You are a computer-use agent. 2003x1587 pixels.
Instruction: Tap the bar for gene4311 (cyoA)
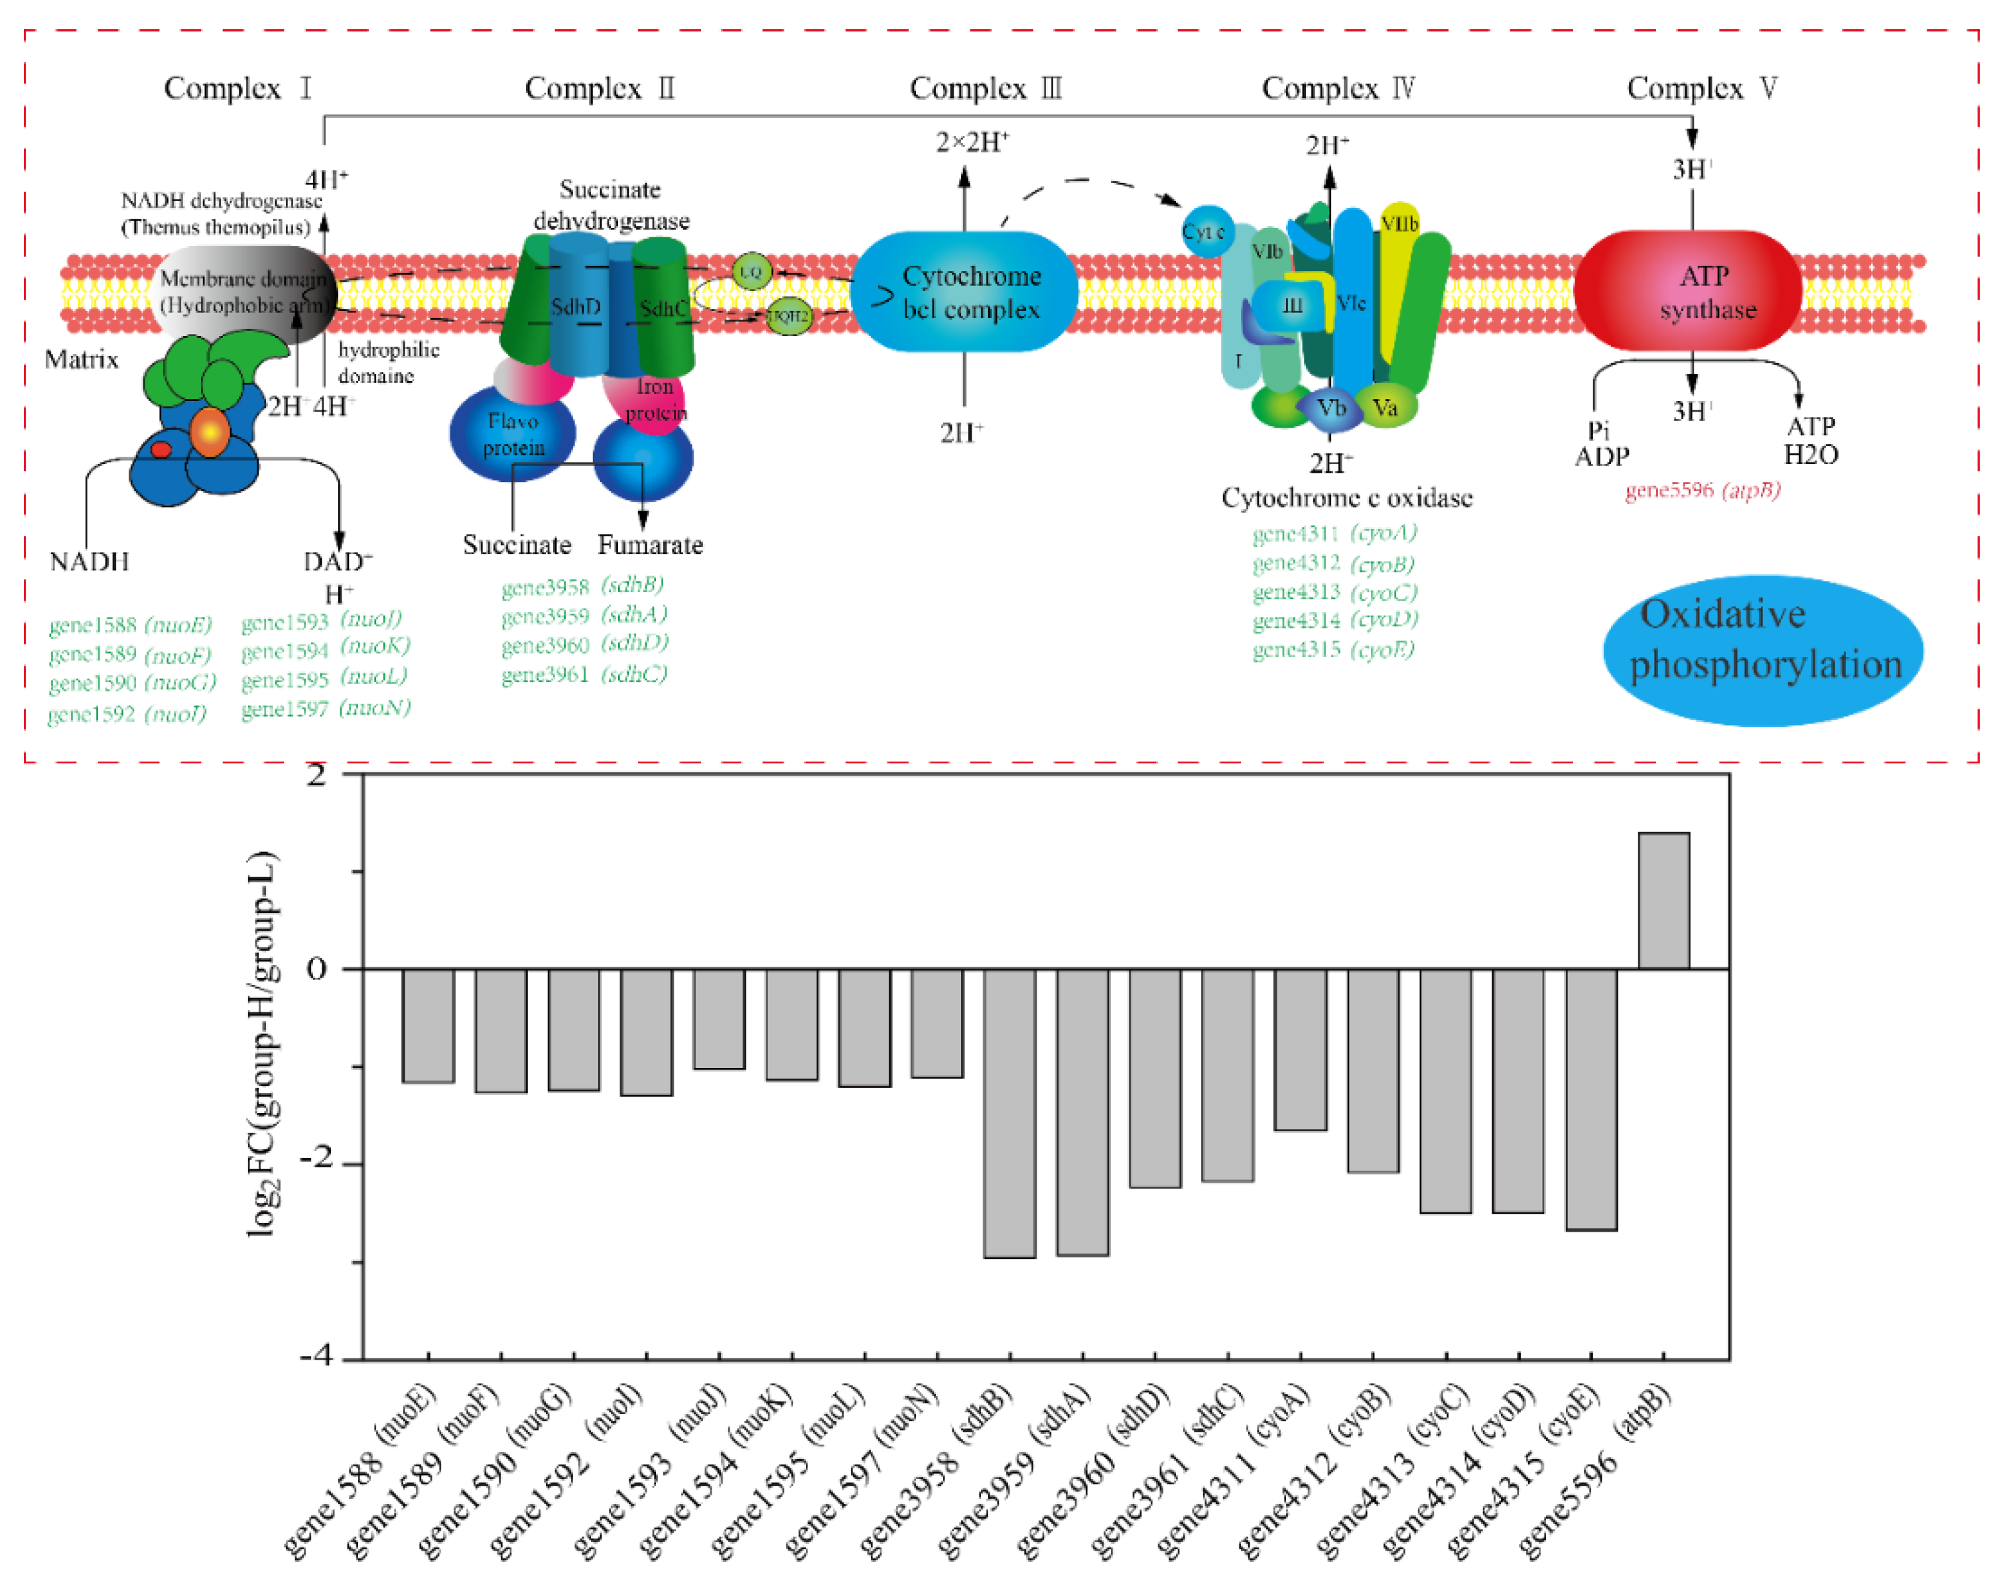[x=1300, y=1049]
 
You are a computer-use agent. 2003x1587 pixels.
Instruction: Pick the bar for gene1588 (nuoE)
[x=428, y=1026]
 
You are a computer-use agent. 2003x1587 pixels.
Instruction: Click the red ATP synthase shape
[x=1688, y=290]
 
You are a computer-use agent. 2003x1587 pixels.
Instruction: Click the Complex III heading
[x=985, y=88]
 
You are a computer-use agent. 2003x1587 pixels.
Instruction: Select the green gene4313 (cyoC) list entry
[x=1334, y=591]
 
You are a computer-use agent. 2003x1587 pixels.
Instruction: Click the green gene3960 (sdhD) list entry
[x=584, y=644]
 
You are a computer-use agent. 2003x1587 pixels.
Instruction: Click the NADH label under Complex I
[x=89, y=561]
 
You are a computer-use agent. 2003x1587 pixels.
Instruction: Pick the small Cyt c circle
[x=1205, y=231]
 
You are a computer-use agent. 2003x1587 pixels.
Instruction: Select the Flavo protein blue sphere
[x=512, y=433]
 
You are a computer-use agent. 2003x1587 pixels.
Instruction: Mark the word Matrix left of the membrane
[x=82, y=359]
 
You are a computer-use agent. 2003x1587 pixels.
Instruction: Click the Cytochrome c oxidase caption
[x=1346, y=498]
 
